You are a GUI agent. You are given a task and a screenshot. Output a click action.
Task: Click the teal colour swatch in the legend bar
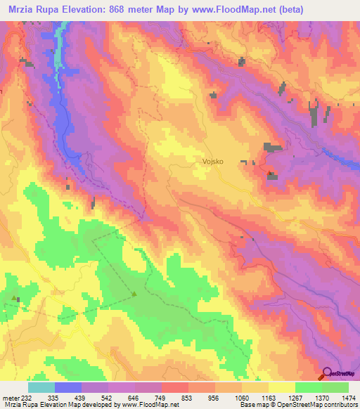pos(41,387)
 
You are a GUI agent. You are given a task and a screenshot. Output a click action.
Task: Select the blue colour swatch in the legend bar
pos(68,387)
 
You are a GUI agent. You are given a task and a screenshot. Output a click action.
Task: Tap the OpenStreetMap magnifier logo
pos(328,374)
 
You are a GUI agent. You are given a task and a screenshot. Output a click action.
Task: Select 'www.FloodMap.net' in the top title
pos(252,10)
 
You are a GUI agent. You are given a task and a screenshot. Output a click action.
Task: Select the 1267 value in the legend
pos(283,396)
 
